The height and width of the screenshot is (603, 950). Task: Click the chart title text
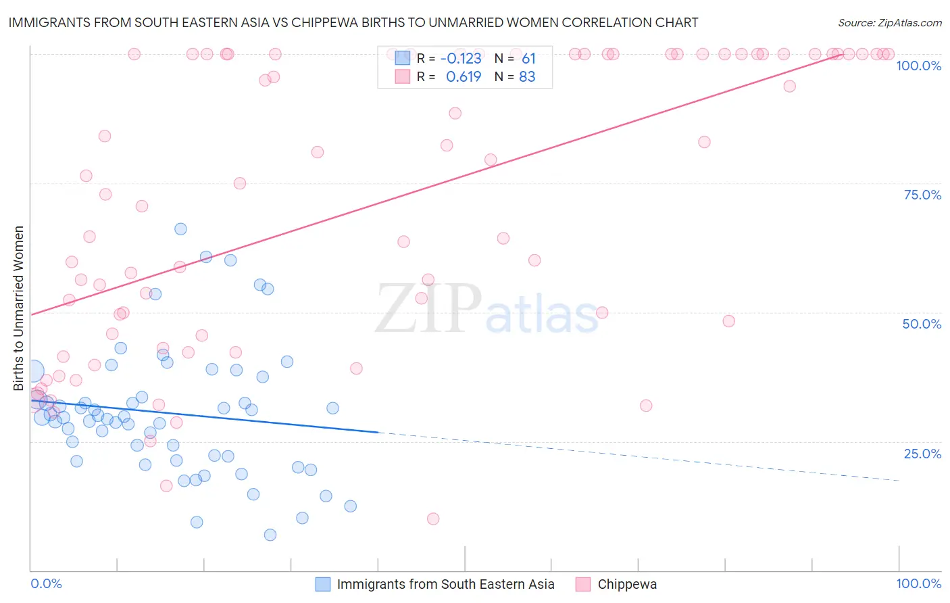point(353,22)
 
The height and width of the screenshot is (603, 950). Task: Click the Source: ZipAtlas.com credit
point(889,22)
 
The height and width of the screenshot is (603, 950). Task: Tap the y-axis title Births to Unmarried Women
point(18,308)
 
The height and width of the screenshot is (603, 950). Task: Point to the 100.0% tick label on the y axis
point(918,66)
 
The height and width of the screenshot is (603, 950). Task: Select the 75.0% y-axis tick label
point(922,195)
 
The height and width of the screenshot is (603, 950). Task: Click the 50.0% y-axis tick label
point(922,324)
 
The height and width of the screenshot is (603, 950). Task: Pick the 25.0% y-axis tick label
point(922,454)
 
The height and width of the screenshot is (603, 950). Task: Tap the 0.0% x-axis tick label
point(46,583)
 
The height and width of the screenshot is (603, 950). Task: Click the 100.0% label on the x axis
point(918,583)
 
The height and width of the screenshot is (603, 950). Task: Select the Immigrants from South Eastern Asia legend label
point(445,584)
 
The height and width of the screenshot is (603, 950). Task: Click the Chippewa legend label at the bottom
point(627,584)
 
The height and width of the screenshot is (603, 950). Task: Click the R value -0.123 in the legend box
point(461,58)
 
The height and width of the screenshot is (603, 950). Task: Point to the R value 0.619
point(464,76)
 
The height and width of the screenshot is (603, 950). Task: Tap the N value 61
point(528,58)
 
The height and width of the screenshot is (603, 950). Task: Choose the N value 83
point(527,76)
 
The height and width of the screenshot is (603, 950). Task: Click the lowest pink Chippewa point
point(433,518)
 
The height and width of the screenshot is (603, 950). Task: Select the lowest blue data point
point(270,535)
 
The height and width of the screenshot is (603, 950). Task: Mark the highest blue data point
point(180,229)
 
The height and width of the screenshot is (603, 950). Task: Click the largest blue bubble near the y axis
point(32,371)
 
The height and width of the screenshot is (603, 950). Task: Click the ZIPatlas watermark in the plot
point(486,310)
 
